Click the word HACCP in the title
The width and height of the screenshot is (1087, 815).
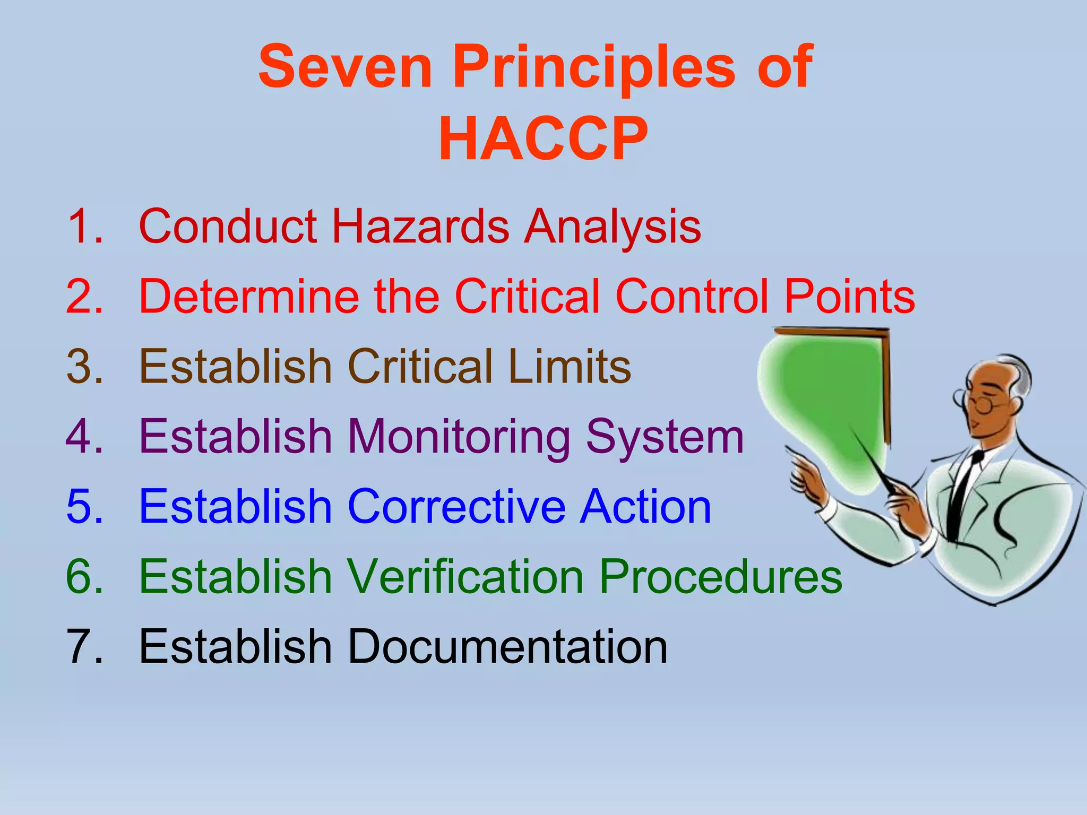click(x=543, y=139)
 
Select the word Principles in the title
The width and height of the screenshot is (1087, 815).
click(x=593, y=68)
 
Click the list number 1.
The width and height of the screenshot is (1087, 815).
click(x=84, y=227)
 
